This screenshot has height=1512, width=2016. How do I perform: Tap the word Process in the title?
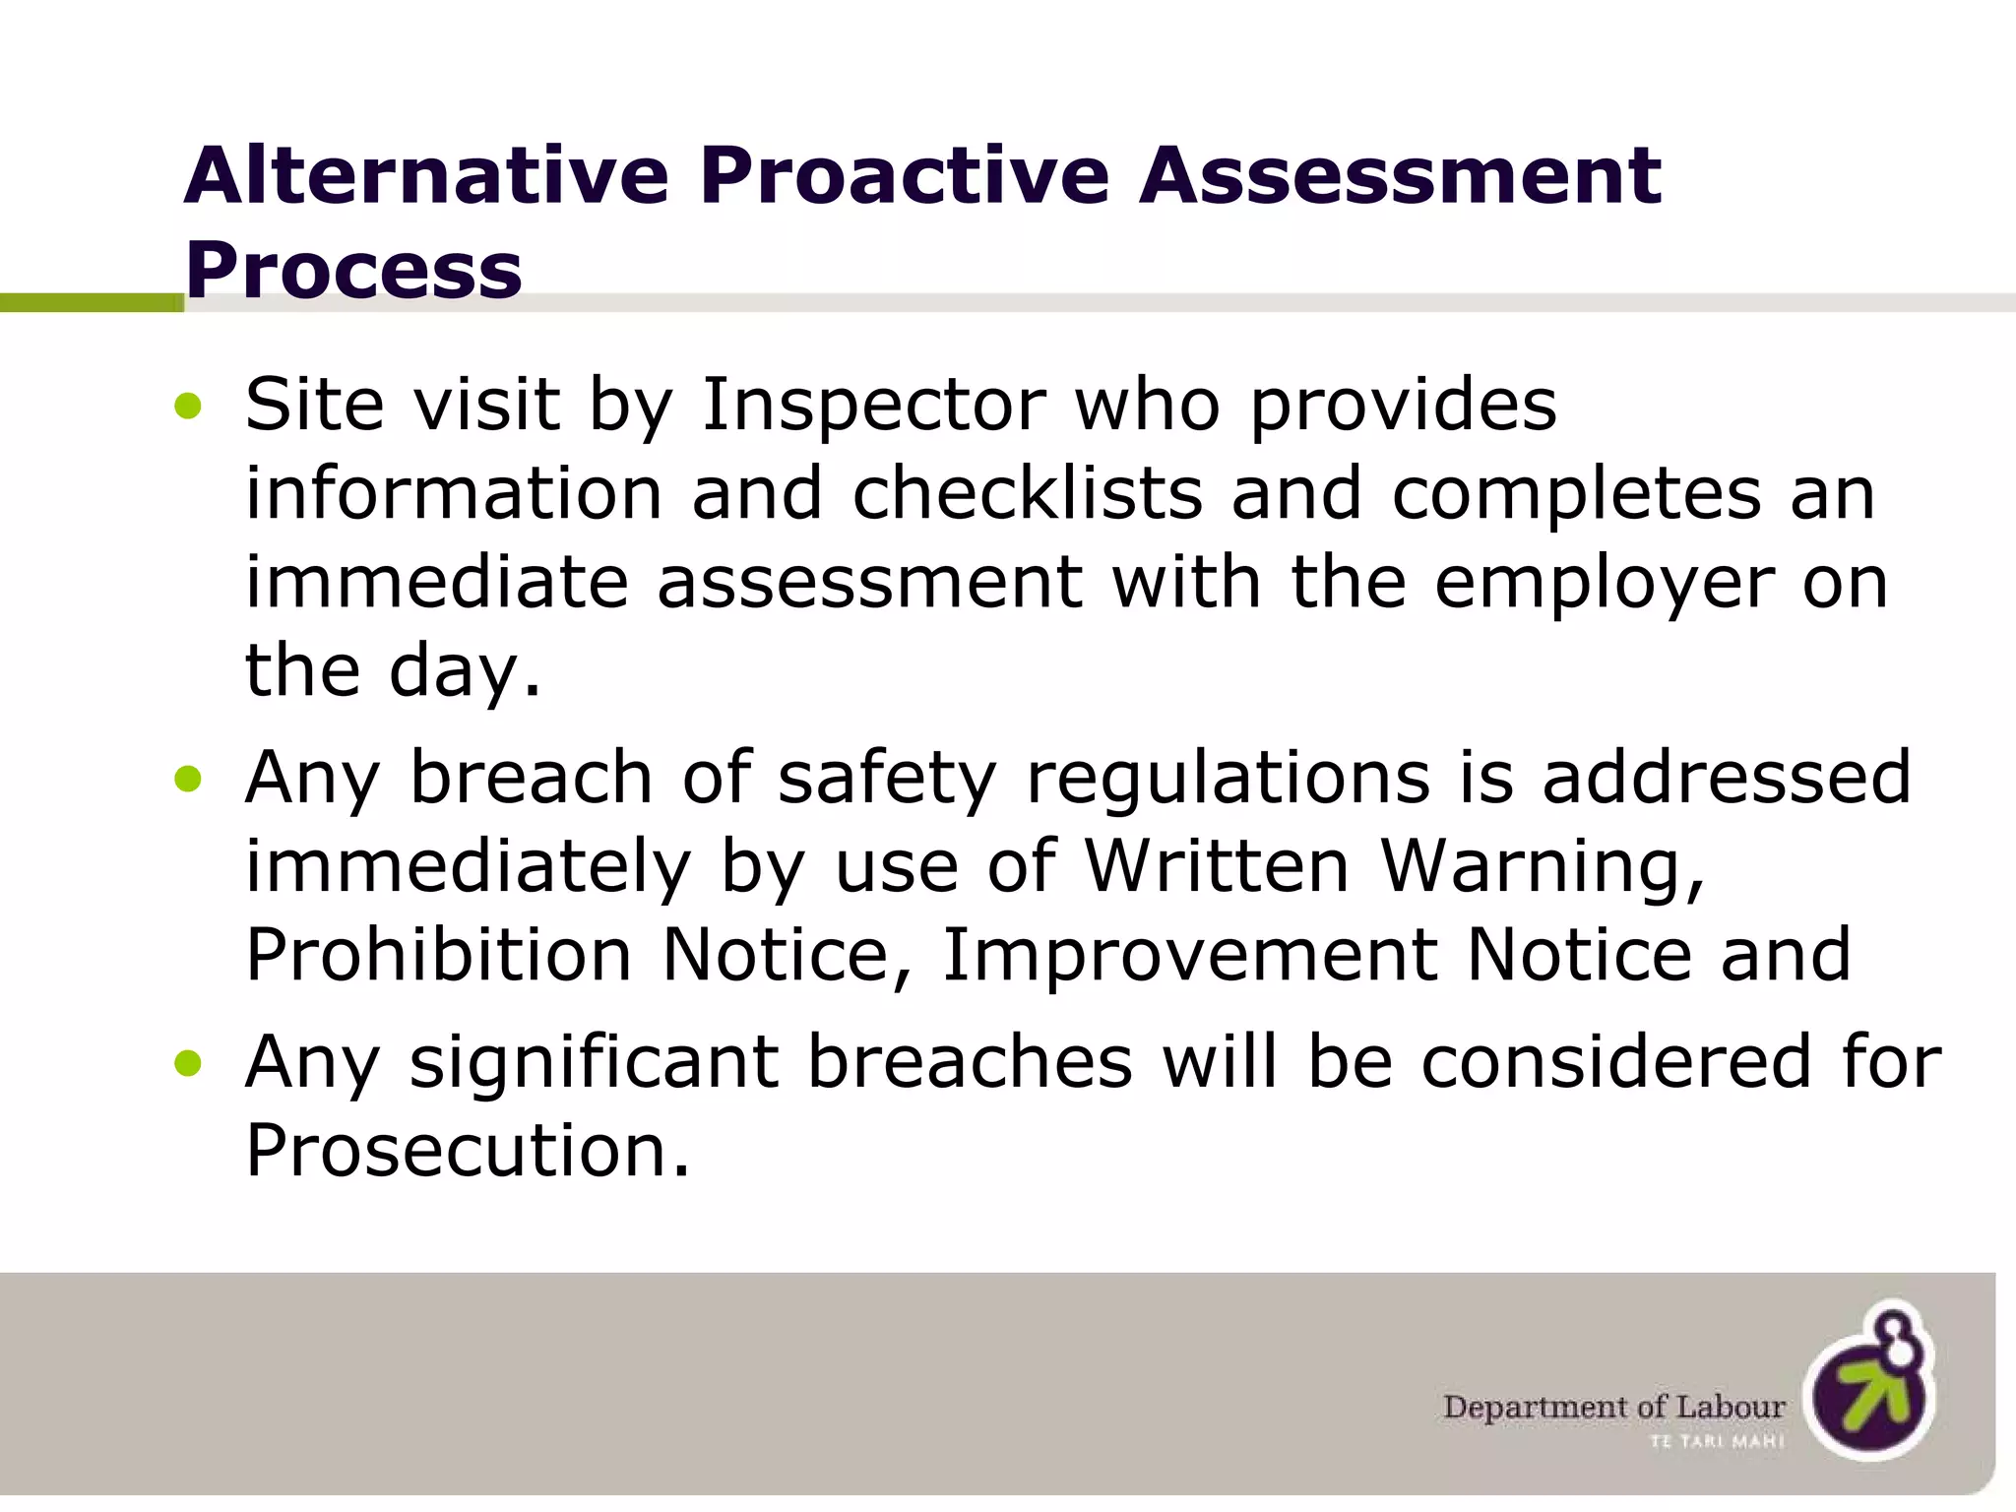(x=352, y=271)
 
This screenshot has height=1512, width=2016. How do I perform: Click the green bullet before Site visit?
(x=187, y=406)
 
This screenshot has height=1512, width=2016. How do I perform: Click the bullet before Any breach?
(x=187, y=780)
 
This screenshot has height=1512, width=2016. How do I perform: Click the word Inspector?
(x=873, y=406)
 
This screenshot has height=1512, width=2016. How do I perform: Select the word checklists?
(x=1027, y=493)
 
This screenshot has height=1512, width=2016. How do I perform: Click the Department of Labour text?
(x=1613, y=1407)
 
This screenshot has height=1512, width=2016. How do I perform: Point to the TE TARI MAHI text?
(x=1717, y=1442)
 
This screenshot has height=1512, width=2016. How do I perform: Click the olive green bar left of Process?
(x=91, y=303)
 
